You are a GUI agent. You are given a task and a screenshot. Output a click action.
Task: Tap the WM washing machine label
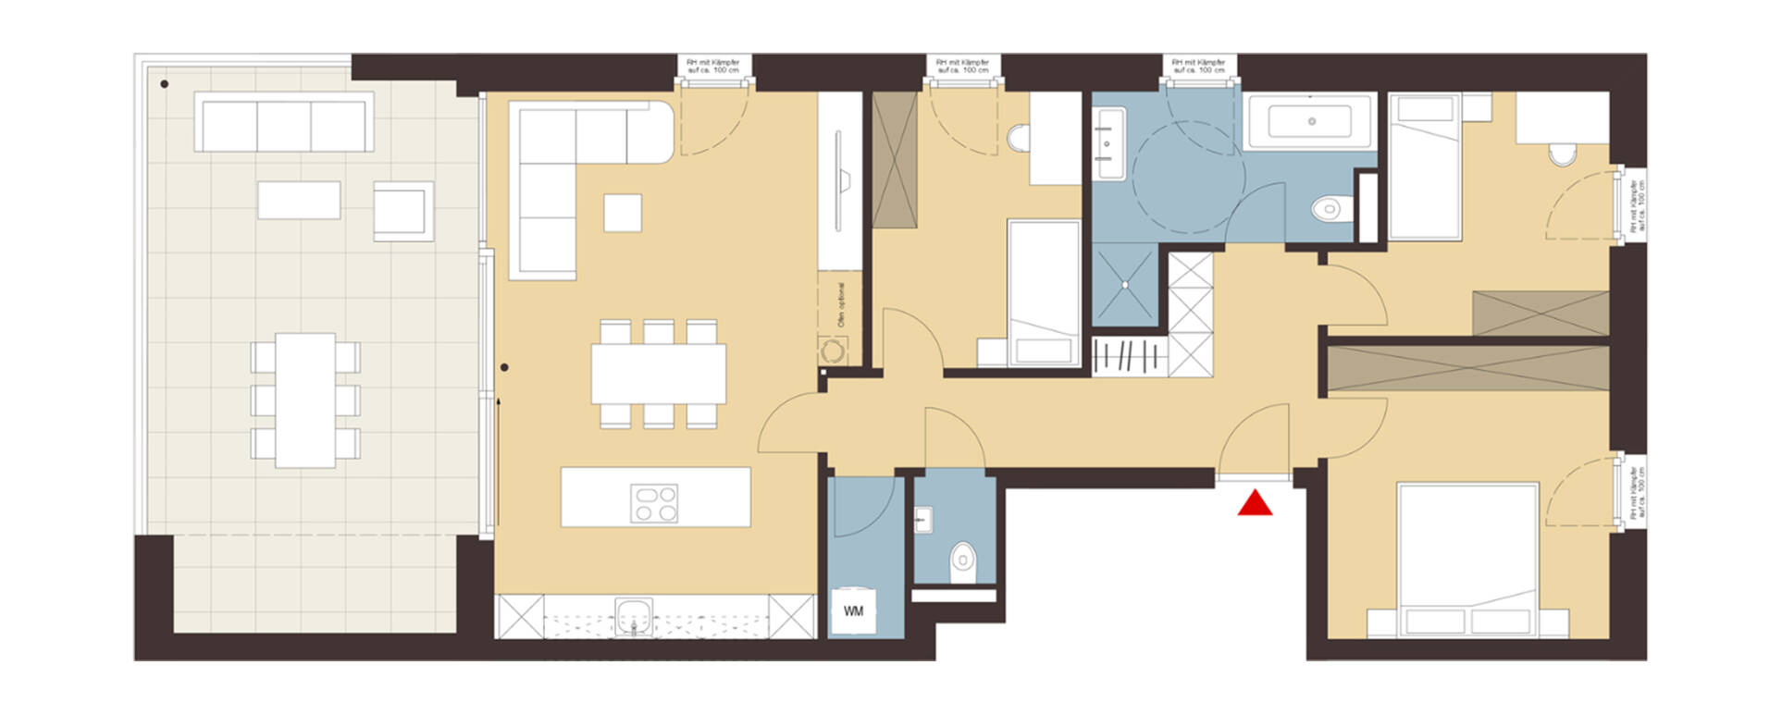853,611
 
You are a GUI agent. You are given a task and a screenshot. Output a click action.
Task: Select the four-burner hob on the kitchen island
654,504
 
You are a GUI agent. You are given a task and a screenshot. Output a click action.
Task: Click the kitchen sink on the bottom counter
634,615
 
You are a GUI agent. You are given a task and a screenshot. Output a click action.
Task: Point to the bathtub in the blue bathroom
1310,121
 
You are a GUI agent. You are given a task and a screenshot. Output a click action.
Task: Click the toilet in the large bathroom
1327,209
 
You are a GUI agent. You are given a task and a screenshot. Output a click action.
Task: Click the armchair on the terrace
402,210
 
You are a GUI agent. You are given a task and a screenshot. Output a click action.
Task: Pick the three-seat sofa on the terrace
284,125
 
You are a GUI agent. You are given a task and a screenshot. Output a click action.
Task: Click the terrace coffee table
298,200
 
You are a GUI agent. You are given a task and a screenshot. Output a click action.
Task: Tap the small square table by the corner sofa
623,212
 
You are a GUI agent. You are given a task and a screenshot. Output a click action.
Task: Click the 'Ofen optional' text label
841,304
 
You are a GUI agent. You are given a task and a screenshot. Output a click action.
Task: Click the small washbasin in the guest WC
923,521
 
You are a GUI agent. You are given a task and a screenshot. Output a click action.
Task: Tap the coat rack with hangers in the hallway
1128,356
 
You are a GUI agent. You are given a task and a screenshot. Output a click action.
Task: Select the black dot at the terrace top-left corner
165,84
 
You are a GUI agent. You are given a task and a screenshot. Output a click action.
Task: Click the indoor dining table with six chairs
659,373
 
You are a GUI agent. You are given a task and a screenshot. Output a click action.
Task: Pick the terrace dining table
305,400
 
